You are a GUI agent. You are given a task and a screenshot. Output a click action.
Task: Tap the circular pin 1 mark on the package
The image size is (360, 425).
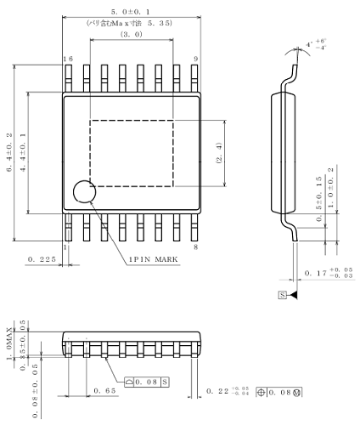(85, 193)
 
